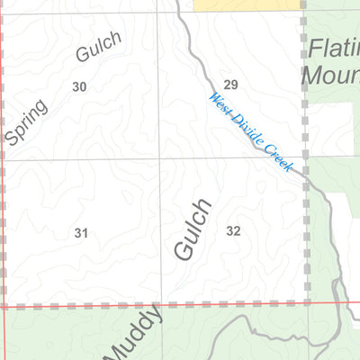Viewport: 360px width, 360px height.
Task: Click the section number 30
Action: click(79, 86)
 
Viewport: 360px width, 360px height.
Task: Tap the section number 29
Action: click(230, 85)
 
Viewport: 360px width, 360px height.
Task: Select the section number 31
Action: click(81, 233)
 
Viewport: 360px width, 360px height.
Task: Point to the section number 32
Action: click(233, 231)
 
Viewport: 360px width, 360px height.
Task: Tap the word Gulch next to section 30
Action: click(98, 46)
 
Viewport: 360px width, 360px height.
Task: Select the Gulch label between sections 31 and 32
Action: click(193, 229)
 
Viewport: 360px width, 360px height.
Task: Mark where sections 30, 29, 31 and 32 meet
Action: click(160, 160)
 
